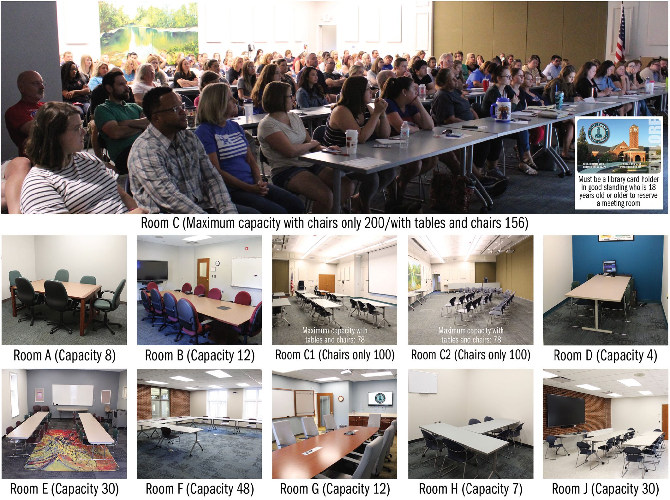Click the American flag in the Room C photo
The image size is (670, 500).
pos(620,36)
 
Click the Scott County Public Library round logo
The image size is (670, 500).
pos(598,134)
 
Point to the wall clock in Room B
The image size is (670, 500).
pos(217,263)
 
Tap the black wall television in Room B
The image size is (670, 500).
pos(152,270)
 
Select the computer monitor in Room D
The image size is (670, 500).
pos(609,267)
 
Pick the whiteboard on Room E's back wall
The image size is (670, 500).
pos(73,395)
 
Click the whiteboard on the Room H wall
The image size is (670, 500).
pos(423,382)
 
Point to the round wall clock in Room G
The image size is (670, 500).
pos(341,398)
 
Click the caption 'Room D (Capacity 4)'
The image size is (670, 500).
pos(605,356)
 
